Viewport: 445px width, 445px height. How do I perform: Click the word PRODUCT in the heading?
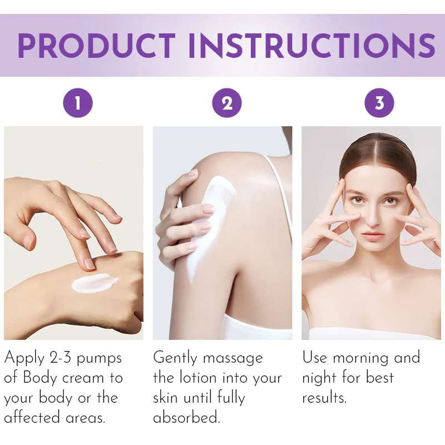pyautogui.click(x=96, y=46)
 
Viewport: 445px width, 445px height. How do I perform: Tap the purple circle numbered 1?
pyautogui.click(x=77, y=103)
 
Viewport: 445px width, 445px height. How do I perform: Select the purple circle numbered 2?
pyautogui.click(x=227, y=103)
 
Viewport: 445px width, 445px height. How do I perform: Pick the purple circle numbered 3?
pyautogui.click(x=379, y=103)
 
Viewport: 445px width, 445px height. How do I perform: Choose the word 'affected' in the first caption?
pyautogui.click(x=34, y=418)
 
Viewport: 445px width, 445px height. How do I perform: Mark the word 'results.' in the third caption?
pyautogui.click(x=324, y=398)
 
